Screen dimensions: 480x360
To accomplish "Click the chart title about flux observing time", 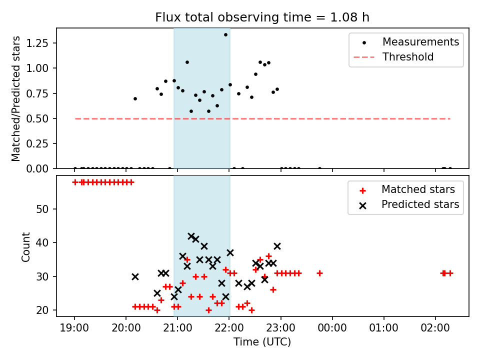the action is [262, 17].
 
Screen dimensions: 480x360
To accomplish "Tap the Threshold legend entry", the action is [393, 57].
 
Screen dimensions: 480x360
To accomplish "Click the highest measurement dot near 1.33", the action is [225, 35].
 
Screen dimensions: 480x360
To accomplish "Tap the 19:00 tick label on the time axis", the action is [74, 328].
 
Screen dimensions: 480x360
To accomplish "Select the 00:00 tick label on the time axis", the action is [332, 328].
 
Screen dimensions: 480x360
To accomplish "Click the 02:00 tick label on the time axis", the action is [435, 328].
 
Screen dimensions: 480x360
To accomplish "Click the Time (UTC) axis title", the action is [262, 341].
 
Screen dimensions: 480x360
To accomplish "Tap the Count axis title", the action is [25, 246].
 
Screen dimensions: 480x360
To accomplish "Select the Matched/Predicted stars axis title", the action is [15, 98].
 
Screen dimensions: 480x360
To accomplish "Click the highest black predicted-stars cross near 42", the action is [191, 236].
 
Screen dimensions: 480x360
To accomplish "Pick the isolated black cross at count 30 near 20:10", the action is [135, 276].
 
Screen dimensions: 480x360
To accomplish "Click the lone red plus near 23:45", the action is [319, 273].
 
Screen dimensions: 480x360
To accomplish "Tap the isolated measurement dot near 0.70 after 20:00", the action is [135, 98].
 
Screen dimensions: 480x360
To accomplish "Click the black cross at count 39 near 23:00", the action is [277, 246].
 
